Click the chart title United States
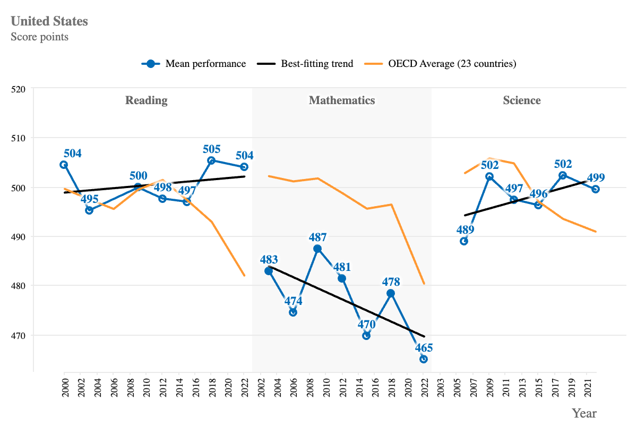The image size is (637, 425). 49,21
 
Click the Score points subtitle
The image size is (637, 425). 39,37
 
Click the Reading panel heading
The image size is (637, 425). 146,100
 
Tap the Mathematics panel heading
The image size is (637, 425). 342,100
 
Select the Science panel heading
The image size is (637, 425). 522,100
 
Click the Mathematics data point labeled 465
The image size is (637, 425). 424,359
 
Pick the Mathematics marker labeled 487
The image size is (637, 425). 317,249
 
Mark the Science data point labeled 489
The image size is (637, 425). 464,241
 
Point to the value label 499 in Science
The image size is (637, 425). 596,178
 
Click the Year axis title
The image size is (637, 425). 584,413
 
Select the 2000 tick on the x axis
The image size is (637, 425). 64,385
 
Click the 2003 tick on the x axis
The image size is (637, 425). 440,385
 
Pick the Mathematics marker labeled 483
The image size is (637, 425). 269,271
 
